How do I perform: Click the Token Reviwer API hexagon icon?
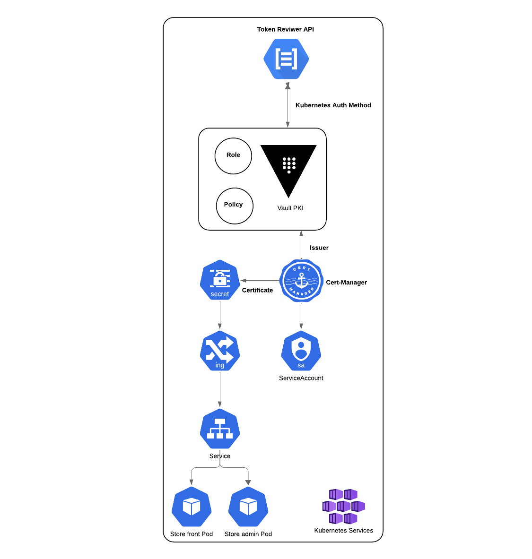click(286, 59)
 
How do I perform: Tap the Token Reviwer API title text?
click(285, 29)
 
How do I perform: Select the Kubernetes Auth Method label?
click(333, 105)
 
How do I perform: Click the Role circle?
click(233, 156)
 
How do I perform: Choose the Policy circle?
click(235, 206)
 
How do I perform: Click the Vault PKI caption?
click(290, 208)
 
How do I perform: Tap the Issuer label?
click(319, 248)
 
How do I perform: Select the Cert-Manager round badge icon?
click(301, 281)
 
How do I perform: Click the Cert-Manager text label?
click(346, 283)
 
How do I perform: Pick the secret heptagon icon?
click(220, 280)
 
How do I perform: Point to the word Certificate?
click(257, 290)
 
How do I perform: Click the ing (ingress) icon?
click(220, 351)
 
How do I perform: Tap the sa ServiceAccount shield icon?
click(301, 351)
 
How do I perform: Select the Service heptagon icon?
click(220, 429)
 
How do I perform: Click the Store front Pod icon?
click(192, 507)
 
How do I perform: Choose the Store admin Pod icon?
click(248, 507)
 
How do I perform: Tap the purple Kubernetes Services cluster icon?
click(343, 507)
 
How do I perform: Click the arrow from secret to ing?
click(220, 315)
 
